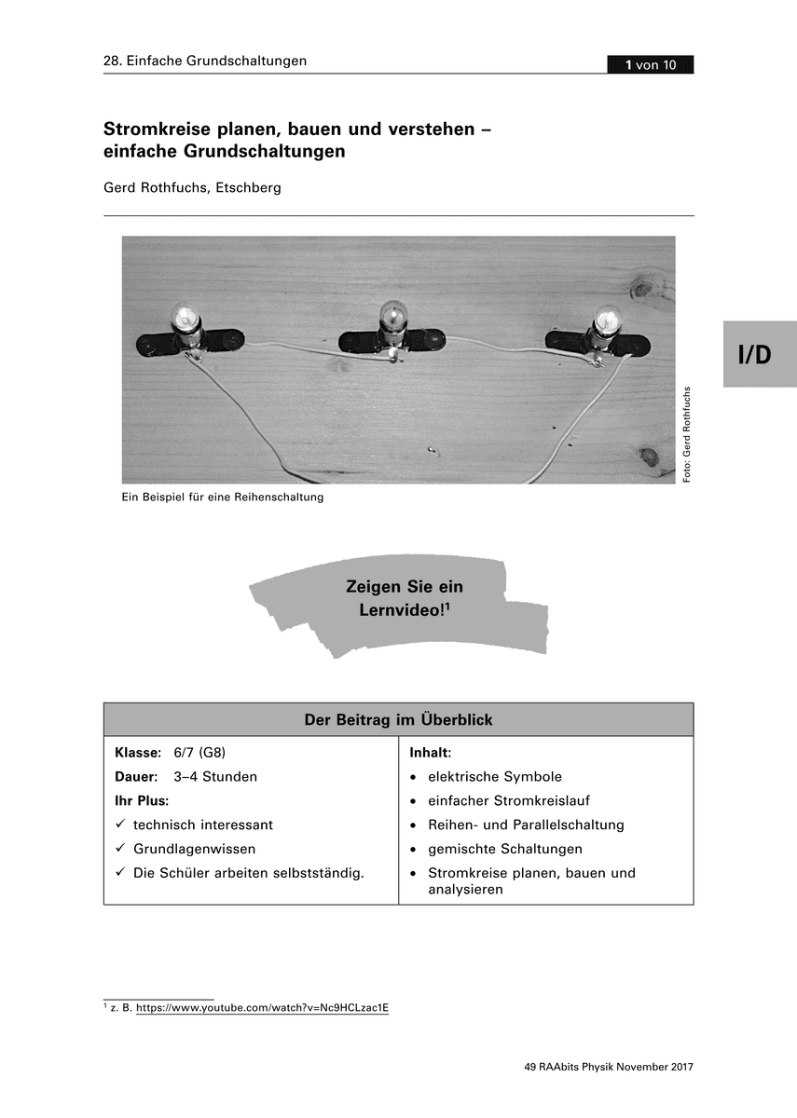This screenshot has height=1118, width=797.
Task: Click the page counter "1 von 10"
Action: click(x=650, y=64)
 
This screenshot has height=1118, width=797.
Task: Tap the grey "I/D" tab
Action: click(x=759, y=354)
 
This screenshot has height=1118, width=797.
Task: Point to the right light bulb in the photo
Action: click(x=606, y=321)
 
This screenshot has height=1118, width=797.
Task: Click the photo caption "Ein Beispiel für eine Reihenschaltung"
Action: click(x=222, y=498)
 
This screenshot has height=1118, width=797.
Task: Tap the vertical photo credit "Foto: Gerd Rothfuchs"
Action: click(x=687, y=434)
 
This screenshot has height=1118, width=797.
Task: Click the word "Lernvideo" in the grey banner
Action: click(x=399, y=610)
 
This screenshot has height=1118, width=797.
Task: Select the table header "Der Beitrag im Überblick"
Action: click(x=398, y=720)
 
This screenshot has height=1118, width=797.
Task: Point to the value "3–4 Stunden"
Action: click(x=215, y=776)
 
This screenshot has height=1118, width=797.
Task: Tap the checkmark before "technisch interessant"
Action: click(x=120, y=825)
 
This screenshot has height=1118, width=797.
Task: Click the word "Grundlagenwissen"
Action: click(x=194, y=849)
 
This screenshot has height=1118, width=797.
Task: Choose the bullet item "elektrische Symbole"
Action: click(x=494, y=776)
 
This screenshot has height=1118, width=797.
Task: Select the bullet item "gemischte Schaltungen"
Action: click(x=504, y=849)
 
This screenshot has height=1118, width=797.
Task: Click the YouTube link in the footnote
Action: click(x=262, y=1008)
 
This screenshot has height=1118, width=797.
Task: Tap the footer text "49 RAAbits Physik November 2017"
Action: click(x=609, y=1068)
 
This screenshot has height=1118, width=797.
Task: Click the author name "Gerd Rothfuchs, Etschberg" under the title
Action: click(x=192, y=187)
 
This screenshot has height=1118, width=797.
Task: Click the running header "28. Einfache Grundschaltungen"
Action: click(x=205, y=61)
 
